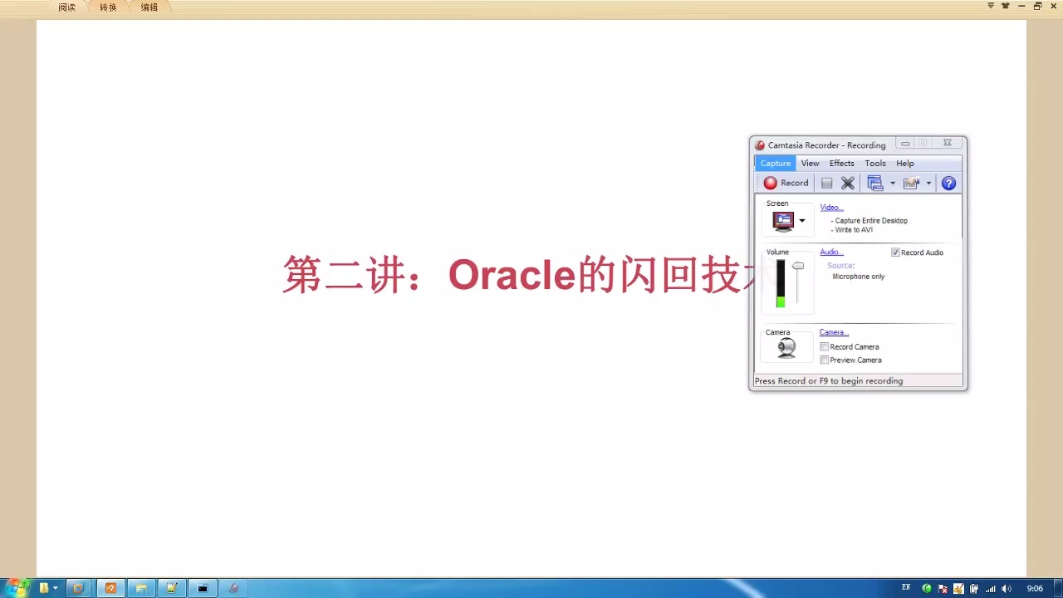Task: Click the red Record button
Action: [786, 183]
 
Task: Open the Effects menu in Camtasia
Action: [841, 164]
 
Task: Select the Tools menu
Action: [874, 164]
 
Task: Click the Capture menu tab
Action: [775, 164]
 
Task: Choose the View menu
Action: [810, 164]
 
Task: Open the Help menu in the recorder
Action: [904, 164]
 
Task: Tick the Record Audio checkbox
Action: [895, 252]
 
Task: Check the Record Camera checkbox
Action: [824, 347]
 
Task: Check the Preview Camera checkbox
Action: [824, 360]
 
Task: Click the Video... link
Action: [831, 208]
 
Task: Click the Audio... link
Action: [831, 252]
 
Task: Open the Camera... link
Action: [834, 332]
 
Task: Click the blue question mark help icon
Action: [948, 184]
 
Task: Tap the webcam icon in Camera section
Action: [786, 348]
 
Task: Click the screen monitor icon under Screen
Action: [783, 221]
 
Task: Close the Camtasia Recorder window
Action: [947, 144]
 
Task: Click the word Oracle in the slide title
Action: [512, 275]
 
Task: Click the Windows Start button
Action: [17, 588]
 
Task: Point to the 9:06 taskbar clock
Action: [1035, 589]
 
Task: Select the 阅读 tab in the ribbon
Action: [66, 7]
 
